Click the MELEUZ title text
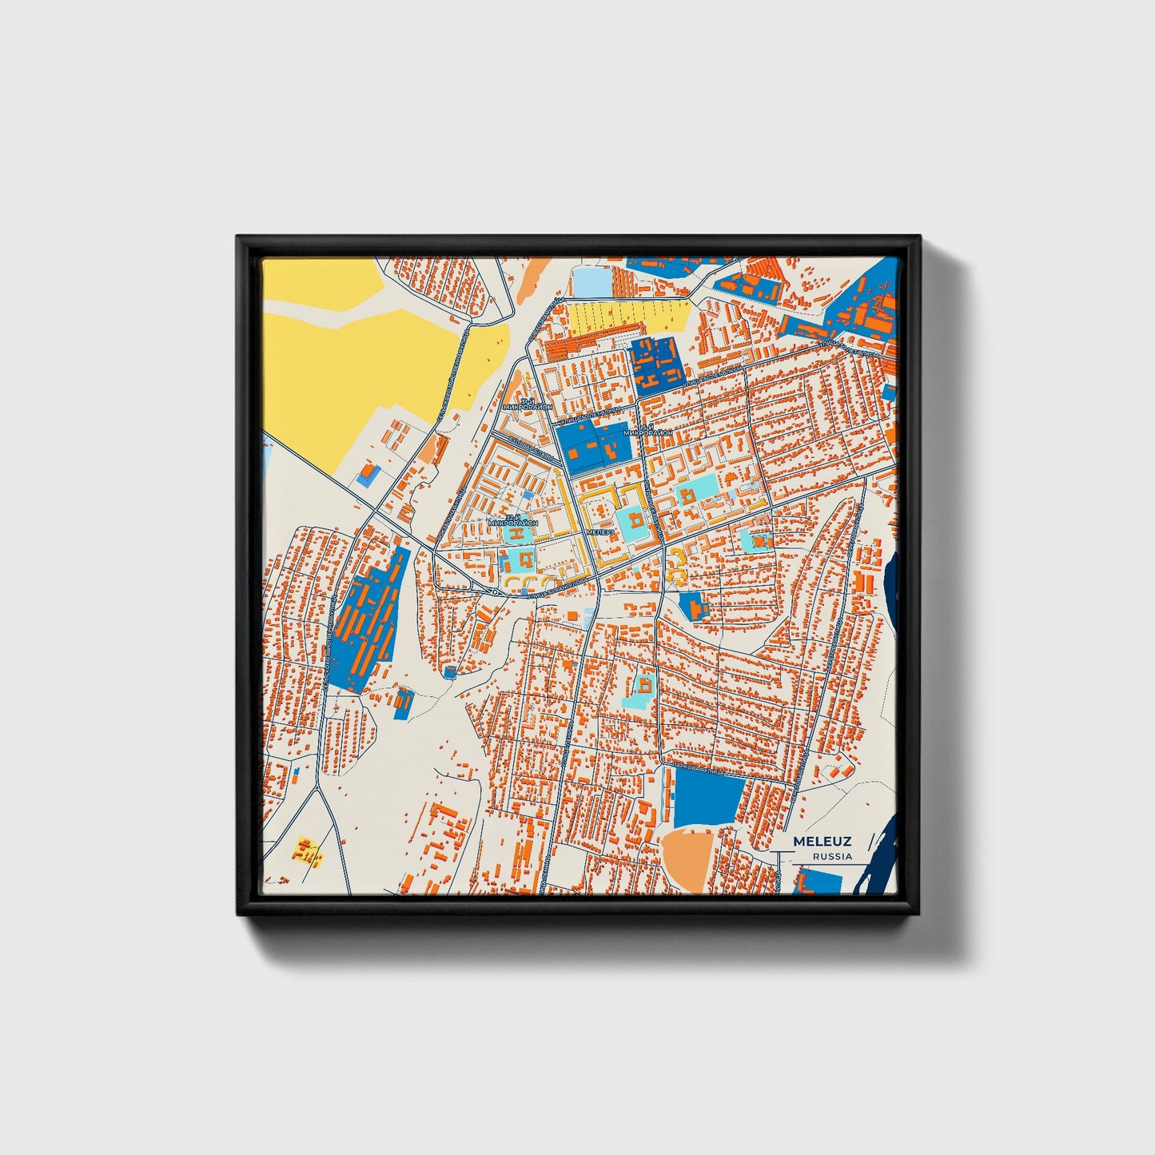pos(822,842)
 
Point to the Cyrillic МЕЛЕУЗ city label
pos(599,532)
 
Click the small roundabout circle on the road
pos(496,592)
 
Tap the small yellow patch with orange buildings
pos(308,850)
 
